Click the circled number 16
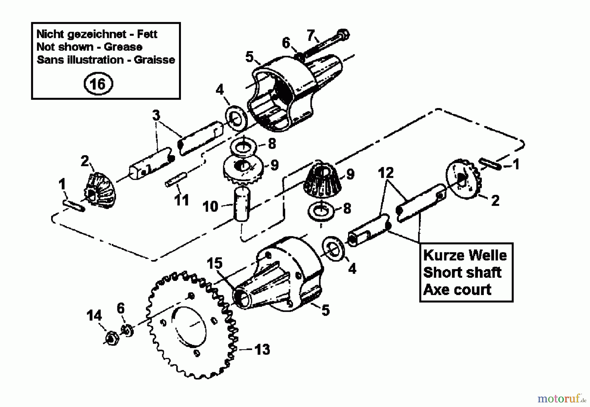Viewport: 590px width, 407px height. [x=98, y=84]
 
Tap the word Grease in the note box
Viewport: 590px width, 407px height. [x=123, y=47]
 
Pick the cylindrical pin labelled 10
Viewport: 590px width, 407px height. [x=242, y=205]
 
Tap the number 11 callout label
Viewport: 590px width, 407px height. [x=182, y=200]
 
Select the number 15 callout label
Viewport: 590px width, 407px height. [x=215, y=263]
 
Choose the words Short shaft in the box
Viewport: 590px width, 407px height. [x=462, y=272]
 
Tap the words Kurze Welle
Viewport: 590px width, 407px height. [x=465, y=255]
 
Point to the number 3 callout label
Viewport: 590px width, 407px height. [x=156, y=115]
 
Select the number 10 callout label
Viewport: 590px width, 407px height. [x=210, y=206]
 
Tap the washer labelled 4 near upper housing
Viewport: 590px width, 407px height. [x=235, y=118]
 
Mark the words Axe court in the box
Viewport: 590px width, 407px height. [x=457, y=290]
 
